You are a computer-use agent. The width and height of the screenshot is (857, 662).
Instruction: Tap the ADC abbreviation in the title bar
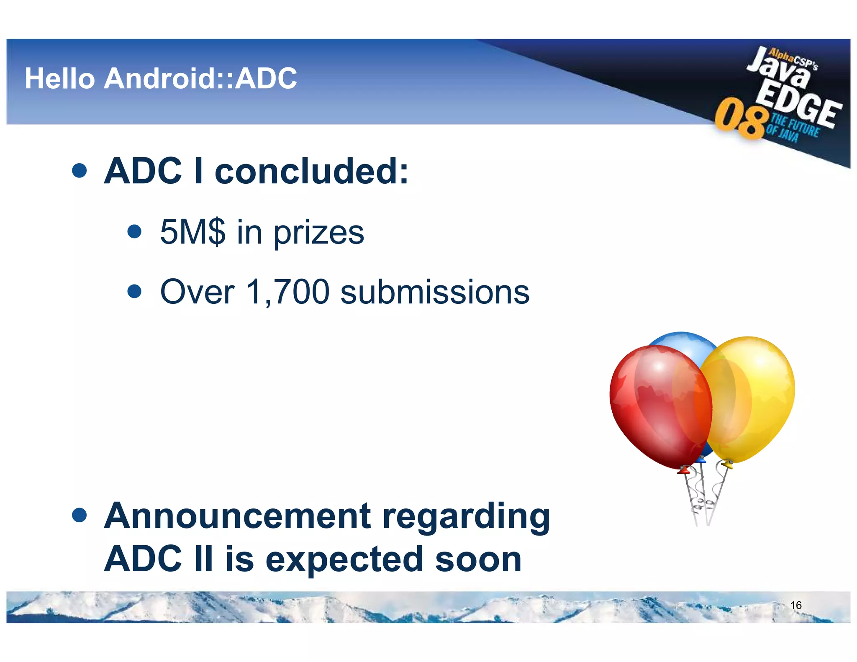[x=266, y=79]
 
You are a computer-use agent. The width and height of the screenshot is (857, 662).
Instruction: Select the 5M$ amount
[x=192, y=232]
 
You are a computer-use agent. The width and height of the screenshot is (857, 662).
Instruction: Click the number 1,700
[x=288, y=292]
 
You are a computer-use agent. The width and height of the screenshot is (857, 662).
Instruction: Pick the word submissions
[x=435, y=292]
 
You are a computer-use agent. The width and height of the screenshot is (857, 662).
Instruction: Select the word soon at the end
[x=478, y=559]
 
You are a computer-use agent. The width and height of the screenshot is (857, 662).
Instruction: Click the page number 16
[x=796, y=605]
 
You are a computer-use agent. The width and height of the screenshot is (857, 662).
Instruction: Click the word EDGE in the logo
[x=799, y=105]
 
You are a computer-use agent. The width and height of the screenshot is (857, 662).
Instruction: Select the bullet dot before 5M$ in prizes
[x=134, y=231]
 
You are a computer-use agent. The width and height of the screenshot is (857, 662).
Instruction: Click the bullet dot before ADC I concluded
[x=79, y=170]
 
